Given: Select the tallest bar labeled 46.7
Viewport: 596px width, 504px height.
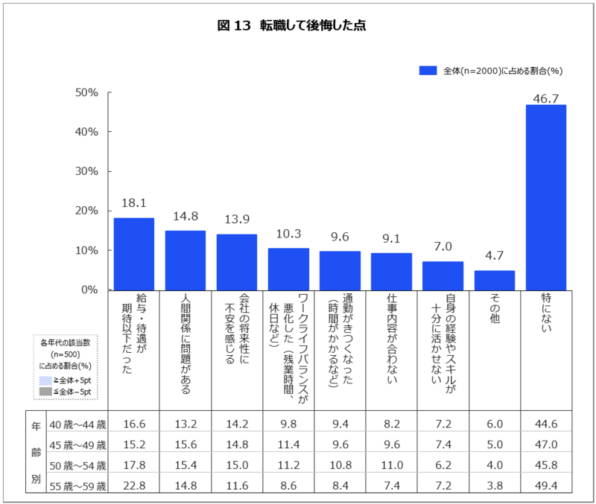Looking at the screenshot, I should (x=545, y=197).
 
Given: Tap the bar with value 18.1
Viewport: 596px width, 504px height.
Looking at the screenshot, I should (x=134, y=253).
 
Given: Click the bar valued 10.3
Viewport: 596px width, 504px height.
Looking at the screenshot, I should (x=288, y=269).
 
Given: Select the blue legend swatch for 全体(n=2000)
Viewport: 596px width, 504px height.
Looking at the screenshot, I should (x=427, y=71).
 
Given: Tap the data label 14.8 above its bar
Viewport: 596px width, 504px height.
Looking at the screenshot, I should (x=185, y=217).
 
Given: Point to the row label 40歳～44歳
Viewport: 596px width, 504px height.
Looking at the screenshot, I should (x=77, y=424).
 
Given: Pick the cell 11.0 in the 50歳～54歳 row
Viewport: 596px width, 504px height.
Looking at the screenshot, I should (x=392, y=467).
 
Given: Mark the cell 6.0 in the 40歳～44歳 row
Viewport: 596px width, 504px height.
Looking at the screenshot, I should (x=494, y=424).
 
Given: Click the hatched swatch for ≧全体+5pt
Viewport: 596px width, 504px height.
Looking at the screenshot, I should (x=45, y=380).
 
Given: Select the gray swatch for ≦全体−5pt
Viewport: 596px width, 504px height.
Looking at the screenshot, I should (x=45, y=392).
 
